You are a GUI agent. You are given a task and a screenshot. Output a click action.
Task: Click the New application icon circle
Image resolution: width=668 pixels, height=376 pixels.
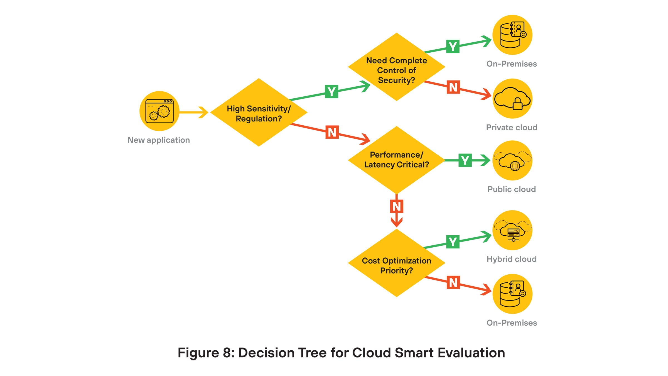coord(159,111)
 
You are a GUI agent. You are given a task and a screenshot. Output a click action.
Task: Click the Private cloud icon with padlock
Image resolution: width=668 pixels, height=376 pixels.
coord(512,99)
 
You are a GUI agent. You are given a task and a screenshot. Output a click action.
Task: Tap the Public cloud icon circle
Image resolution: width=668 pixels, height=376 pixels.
coord(512,160)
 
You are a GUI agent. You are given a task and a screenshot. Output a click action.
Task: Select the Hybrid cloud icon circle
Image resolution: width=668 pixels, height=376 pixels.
coord(512,230)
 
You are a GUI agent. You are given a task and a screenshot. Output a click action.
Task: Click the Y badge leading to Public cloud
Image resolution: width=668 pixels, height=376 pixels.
coord(465,160)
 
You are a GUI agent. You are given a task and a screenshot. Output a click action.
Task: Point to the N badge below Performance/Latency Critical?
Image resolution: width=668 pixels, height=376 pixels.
coord(396,206)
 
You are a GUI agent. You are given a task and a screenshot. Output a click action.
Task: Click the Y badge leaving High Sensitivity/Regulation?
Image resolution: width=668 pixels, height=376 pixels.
coord(331,91)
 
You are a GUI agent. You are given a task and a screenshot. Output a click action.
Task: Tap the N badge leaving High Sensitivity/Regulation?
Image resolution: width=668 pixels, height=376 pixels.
coord(332,132)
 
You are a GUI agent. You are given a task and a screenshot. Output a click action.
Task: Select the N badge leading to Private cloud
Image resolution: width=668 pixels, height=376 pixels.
coord(453,87)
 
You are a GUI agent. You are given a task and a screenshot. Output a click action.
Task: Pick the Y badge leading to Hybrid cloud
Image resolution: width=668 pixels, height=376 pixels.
coord(453,241)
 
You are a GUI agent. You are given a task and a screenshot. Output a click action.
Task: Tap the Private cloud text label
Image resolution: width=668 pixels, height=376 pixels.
coord(512,128)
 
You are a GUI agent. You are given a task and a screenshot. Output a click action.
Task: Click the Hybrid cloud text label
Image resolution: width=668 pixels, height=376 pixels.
coord(512,259)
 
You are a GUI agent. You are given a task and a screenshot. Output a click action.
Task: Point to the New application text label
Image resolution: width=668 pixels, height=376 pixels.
coord(159,140)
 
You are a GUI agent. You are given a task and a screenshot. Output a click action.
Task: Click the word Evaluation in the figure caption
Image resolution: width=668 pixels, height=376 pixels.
coord(471,353)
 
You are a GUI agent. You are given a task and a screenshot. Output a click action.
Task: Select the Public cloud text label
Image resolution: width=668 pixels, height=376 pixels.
coord(512,189)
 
